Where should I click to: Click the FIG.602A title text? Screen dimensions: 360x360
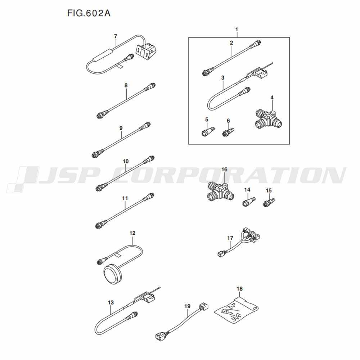click(x=89, y=13)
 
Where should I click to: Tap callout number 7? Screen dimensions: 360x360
click(x=115, y=36)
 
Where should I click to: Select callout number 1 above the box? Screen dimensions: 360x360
click(x=237, y=29)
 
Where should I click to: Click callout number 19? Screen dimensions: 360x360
click(x=187, y=306)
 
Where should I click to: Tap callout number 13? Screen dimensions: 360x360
click(x=111, y=302)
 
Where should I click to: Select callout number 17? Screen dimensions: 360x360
click(x=230, y=238)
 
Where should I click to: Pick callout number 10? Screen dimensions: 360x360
click(x=125, y=162)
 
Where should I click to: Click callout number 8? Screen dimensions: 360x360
click(x=126, y=86)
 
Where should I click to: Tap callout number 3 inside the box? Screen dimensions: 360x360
click(x=223, y=78)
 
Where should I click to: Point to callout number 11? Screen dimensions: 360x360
click(x=125, y=198)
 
